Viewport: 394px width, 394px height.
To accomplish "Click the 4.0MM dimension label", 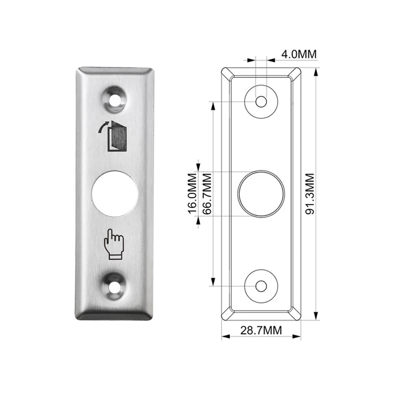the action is [299, 54].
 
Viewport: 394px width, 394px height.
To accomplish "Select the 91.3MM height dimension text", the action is [310, 194].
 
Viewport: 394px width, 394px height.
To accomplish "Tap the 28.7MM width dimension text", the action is [261, 330].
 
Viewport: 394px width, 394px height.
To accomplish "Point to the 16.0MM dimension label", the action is [193, 194].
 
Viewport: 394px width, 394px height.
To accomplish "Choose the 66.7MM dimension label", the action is [207, 194].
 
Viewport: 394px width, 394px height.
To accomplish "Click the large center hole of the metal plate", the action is [115, 194].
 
